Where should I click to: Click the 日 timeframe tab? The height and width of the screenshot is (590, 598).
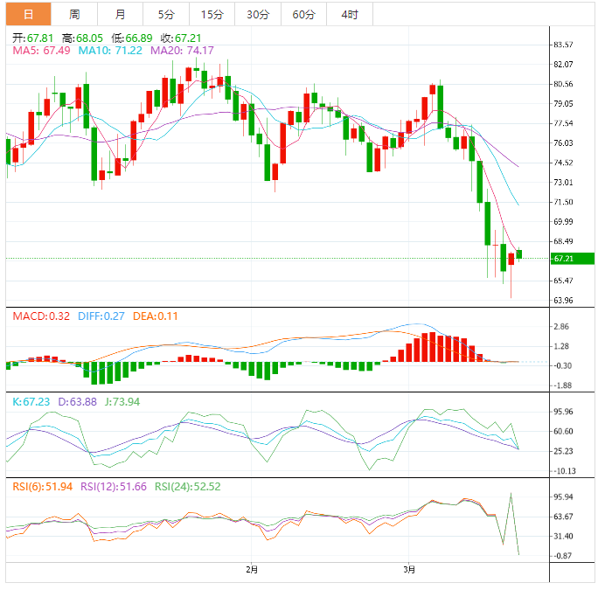point(28,14)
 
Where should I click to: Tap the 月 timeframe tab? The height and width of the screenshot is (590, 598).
point(120,14)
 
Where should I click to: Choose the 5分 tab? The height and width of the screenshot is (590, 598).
point(165,14)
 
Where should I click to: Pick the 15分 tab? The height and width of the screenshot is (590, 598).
point(212,14)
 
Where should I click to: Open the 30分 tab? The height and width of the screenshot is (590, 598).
point(258,14)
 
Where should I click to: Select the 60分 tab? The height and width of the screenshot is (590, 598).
point(303,14)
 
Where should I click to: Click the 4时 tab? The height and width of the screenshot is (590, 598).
point(349,14)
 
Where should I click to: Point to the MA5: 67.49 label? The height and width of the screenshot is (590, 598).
point(41,51)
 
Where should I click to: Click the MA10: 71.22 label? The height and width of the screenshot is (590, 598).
point(110,51)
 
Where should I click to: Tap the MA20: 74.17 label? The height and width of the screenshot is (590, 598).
point(182,51)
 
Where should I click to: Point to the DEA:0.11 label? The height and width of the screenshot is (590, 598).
point(156,316)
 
